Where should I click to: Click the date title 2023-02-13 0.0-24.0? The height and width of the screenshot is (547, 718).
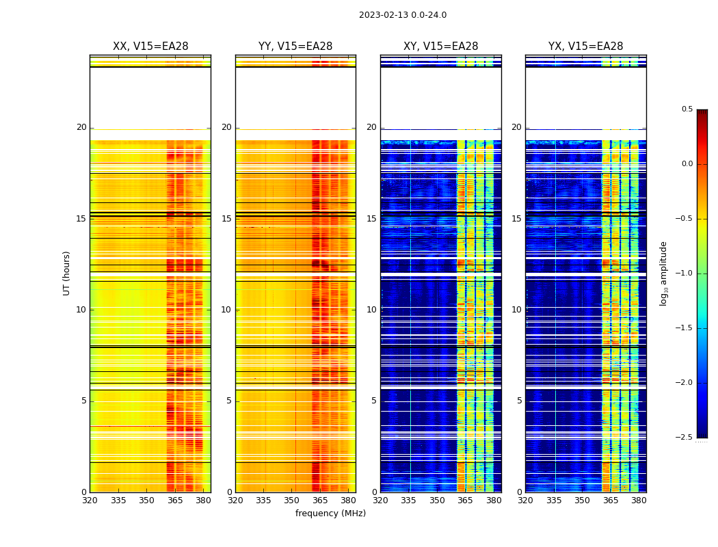[403, 15]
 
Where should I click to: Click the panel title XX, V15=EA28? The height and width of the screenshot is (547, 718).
[150, 46]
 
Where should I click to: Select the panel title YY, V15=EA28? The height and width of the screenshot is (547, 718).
[295, 46]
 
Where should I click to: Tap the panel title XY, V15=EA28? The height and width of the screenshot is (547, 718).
[441, 46]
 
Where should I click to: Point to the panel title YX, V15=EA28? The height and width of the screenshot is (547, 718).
[586, 46]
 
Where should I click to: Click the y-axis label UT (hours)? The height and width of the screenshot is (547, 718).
[67, 273]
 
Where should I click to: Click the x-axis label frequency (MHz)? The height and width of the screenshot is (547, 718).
[330, 513]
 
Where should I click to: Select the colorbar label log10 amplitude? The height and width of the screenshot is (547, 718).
[663, 273]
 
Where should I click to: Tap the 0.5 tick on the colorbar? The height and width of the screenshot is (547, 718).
[687, 109]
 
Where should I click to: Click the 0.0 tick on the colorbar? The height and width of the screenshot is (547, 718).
[687, 164]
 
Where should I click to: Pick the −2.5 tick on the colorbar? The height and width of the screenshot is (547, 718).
[684, 438]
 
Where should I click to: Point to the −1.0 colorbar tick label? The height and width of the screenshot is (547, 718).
[684, 273]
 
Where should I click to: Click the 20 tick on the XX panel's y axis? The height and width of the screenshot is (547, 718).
[81, 127]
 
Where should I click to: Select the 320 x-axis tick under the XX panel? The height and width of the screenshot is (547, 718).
[90, 501]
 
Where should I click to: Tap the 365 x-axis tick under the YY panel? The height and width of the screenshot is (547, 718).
[320, 501]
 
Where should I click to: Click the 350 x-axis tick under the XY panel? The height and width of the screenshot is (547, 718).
[437, 501]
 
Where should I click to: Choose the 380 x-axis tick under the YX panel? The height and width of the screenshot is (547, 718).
[639, 501]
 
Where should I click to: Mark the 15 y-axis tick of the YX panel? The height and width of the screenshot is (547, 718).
[518, 219]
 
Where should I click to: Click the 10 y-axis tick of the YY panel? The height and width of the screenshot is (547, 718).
[226, 310]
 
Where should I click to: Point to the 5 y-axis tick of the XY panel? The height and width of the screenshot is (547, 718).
[374, 401]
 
